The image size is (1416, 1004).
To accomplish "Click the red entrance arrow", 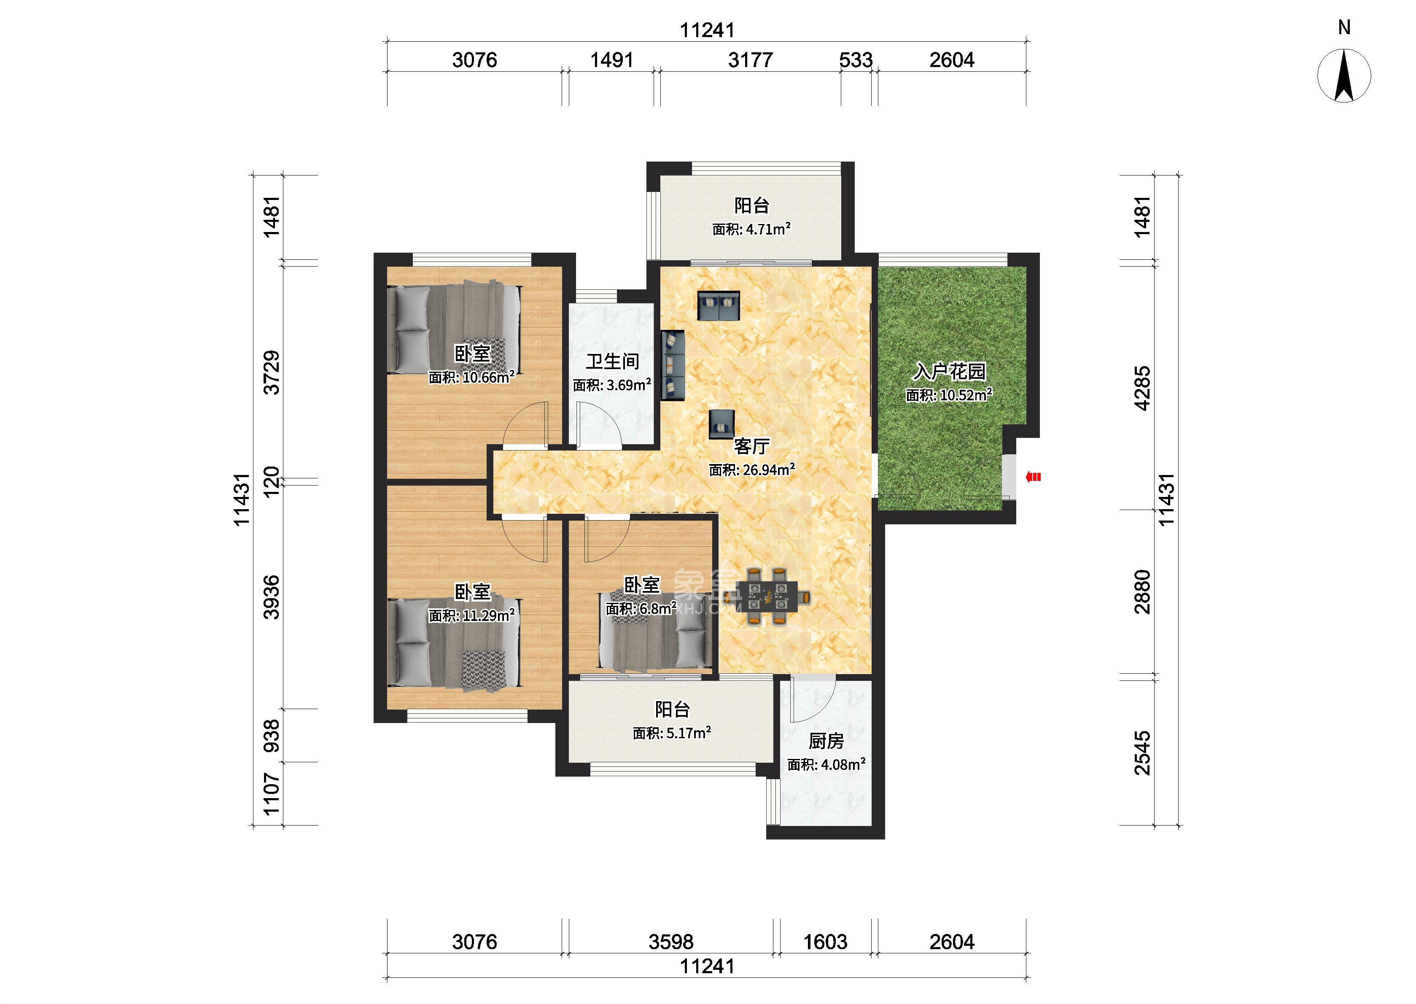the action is pos(1034,477).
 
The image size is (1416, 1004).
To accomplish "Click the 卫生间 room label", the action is pos(612,361).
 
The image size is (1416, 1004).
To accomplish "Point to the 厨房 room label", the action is pos(826,741).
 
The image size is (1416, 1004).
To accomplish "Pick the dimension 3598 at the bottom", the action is pos(671,942).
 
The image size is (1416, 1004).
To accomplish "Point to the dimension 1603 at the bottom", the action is pos(825,942).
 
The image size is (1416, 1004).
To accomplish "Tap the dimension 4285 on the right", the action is pos(1142,388).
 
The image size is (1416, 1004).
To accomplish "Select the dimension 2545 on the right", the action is pos(1142,753).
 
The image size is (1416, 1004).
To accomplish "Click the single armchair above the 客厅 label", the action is pos(721,424).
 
